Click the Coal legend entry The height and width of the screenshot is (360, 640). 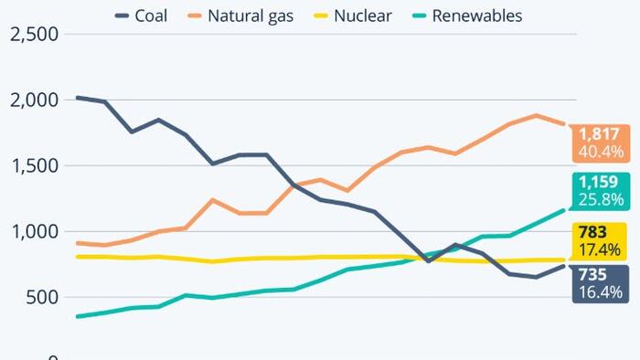(142, 16)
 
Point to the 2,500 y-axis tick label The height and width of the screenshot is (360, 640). (33, 34)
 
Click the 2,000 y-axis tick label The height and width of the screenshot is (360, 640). (33, 100)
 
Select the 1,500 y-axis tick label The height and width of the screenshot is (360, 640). (33, 166)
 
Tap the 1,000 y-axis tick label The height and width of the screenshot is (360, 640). (33, 232)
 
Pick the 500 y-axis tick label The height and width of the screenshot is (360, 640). (41, 298)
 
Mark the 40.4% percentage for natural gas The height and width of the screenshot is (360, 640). (600, 151)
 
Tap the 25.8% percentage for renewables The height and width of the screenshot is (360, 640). (600, 198)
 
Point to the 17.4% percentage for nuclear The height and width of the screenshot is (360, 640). (600, 249)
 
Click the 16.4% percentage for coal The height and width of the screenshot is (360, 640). (600, 292)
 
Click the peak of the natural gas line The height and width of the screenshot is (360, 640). (535, 115)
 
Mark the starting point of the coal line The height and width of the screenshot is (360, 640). (77, 97)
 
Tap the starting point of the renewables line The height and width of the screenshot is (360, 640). (77, 316)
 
